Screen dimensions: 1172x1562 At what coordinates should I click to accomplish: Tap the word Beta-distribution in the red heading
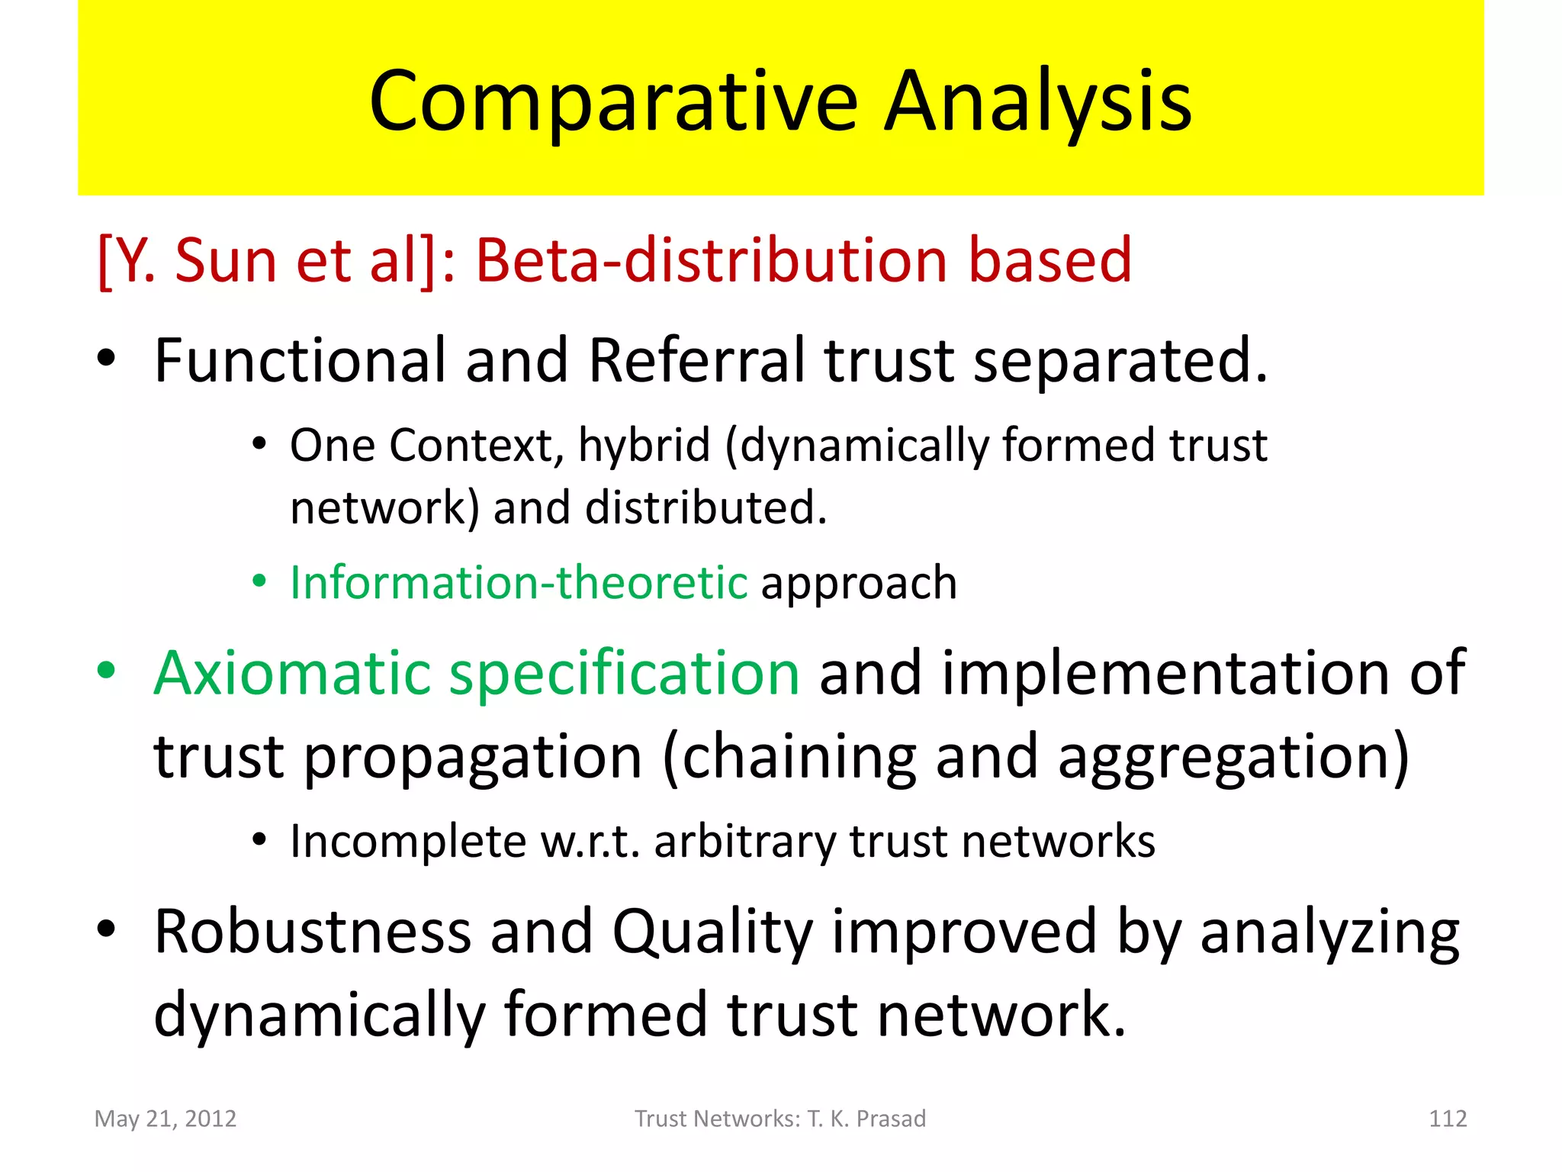[711, 261]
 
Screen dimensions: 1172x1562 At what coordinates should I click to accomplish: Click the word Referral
[696, 360]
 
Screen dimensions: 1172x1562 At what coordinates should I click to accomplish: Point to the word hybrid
[644, 446]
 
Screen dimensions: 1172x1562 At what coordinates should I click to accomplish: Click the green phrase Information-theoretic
[519, 583]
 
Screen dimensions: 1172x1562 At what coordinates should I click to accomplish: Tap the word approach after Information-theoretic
[859, 584]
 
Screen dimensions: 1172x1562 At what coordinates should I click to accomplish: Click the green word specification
[624, 675]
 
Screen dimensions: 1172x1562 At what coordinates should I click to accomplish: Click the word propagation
[473, 758]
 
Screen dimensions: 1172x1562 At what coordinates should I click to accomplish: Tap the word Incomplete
[408, 842]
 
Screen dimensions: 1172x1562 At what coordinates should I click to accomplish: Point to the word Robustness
[313, 932]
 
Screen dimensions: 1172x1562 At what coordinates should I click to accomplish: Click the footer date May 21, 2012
[166, 1119]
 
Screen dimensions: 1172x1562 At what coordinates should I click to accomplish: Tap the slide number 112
[1447, 1119]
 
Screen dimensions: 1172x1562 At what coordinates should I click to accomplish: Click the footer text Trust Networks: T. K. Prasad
[780, 1119]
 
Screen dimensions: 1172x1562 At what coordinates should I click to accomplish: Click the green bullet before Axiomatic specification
[107, 671]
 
